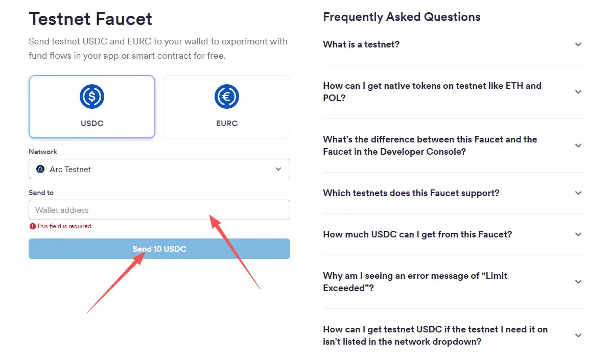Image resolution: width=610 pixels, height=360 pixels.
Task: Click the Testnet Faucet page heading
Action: coord(90,19)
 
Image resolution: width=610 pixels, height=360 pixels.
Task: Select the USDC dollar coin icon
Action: coord(92,97)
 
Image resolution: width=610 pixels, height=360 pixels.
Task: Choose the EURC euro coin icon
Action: coord(227,97)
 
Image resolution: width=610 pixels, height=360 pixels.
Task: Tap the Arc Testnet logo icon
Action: coord(40,169)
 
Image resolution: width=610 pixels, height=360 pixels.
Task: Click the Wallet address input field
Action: coord(159,210)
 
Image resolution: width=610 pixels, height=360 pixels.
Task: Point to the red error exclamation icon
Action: coord(33,226)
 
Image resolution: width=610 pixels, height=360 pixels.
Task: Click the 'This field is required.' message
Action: coord(64,226)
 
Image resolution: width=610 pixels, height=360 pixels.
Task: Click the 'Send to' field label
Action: coord(41,193)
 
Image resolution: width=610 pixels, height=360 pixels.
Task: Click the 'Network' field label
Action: coord(43,152)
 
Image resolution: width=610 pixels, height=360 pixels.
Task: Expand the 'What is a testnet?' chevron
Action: coord(578,44)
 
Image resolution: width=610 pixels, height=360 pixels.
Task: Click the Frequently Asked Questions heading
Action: coord(402,17)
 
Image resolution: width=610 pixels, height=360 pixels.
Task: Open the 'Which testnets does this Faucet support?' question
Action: coord(411,193)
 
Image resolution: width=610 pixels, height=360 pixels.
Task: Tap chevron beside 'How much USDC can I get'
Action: coord(578,234)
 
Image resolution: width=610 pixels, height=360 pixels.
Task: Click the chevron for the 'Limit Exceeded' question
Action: coord(578,282)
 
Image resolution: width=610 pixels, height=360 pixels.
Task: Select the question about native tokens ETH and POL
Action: coord(432,92)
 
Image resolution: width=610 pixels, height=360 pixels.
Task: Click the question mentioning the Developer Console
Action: coord(430,146)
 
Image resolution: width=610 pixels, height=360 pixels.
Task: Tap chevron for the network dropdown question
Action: coord(578,335)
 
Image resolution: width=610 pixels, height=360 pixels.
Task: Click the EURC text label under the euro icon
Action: coord(227,123)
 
